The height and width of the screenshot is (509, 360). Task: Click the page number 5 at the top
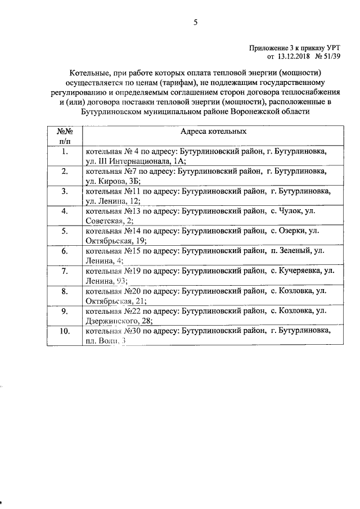click(195, 22)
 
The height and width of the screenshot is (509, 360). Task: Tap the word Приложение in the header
click(267, 48)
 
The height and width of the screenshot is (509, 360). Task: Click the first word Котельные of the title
click(88, 74)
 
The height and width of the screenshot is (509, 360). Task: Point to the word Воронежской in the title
click(247, 111)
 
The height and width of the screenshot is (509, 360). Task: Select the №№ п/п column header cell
click(65, 136)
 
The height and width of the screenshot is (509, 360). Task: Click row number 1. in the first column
click(65, 152)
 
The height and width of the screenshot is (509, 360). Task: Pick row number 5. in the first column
click(65, 231)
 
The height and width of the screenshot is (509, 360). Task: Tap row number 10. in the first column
click(65, 332)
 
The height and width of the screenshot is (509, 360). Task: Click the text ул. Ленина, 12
click(112, 201)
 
